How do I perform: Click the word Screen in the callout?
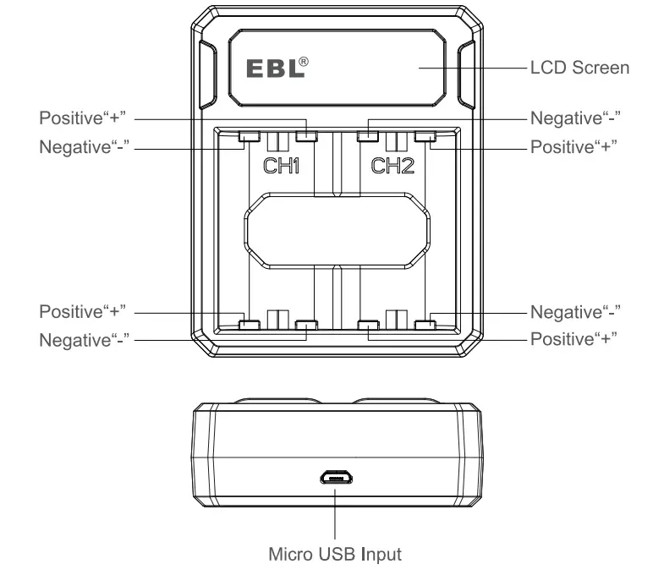point(600,67)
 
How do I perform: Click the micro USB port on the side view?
point(336,479)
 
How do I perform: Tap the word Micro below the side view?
point(290,556)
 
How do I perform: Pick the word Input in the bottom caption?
point(381,556)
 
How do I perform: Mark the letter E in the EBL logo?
point(253,68)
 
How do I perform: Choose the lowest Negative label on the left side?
point(83,339)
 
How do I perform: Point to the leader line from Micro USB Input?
point(336,516)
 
